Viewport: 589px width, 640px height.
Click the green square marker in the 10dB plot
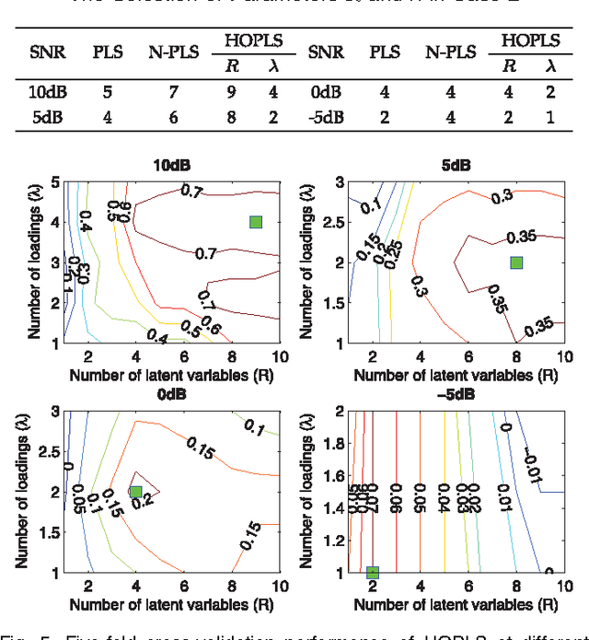click(x=256, y=222)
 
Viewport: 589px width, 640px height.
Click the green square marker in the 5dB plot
click(x=516, y=262)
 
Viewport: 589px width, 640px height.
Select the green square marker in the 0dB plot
click(x=135, y=492)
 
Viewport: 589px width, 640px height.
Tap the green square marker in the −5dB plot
click(x=373, y=573)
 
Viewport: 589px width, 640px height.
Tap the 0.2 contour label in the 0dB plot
click(x=141, y=502)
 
